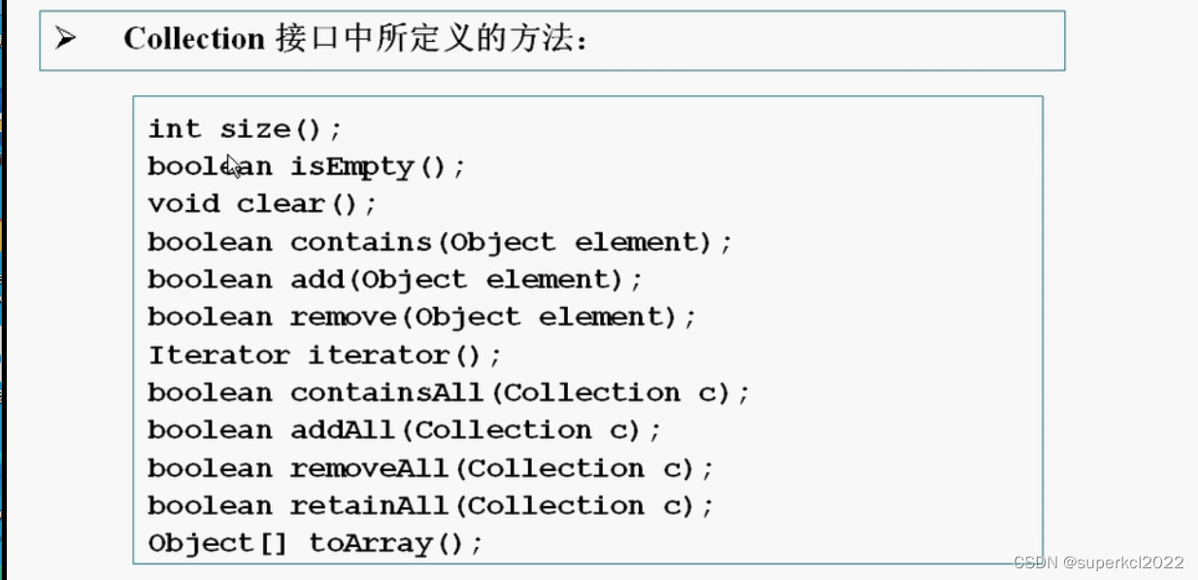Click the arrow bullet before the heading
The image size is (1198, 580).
click(x=66, y=39)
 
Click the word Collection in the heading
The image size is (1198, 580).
click(x=194, y=39)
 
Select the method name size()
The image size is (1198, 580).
click(x=281, y=129)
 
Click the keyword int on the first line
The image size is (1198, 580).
click(x=175, y=129)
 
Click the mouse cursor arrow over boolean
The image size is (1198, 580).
click(x=233, y=165)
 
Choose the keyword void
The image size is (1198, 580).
click(x=183, y=204)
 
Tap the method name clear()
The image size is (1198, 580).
click(x=306, y=204)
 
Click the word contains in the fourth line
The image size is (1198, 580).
click(x=360, y=242)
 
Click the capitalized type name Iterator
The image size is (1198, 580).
click(x=218, y=356)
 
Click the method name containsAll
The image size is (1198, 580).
click(x=386, y=393)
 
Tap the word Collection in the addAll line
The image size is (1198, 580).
click(x=503, y=430)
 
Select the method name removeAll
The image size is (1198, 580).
click(x=369, y=468)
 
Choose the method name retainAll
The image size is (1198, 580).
click(x=369, y=506)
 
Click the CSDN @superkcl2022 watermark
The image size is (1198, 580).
click(x=1098, y=563)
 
